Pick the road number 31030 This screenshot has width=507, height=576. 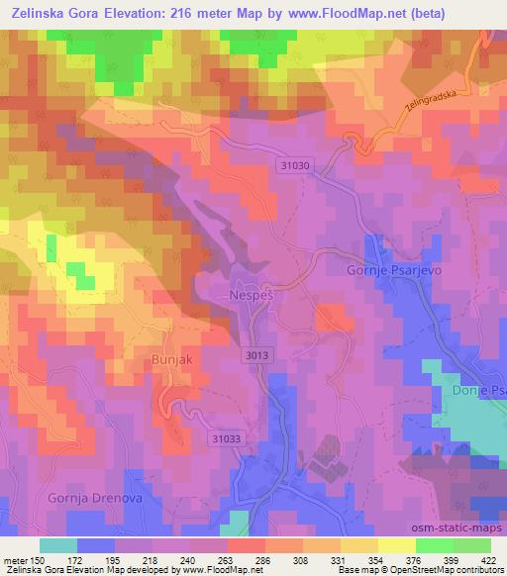coord(294,167)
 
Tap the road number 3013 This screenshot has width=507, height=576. coord(255,354)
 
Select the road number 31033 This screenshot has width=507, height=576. coord(226,436)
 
